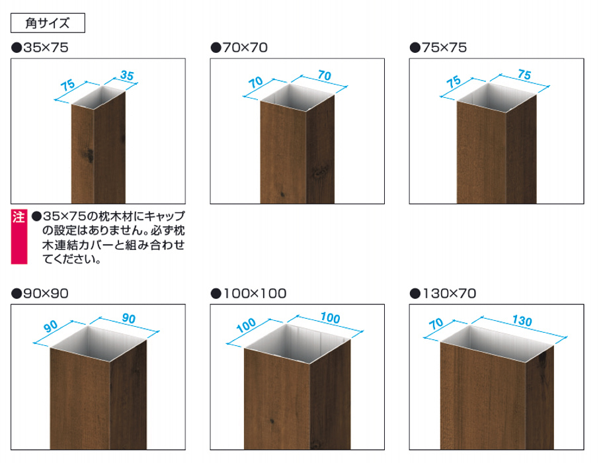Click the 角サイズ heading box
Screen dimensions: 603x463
tap(48, 23)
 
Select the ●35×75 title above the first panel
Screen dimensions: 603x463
tap(40, 48)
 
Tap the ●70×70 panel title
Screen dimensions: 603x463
tap(239, 48)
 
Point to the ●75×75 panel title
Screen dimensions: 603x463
tap(438, 48)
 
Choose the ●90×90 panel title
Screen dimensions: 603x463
tap(40, 294)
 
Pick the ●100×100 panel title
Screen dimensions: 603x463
tap(249, 294)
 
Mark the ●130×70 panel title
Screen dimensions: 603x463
tap(443, 294)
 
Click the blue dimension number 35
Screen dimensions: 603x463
tap(127, 75)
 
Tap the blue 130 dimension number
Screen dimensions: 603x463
tap(522, 320)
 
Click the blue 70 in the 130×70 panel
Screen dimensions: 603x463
tap(436, 323)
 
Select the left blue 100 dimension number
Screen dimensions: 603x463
tap(246, 325)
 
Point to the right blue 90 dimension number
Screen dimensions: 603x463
tap(129, 318)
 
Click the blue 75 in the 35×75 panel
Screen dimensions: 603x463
tap(67, 85)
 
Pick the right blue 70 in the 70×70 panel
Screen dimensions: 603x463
tap(324, 75)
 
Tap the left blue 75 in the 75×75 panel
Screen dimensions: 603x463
tap(454, 81)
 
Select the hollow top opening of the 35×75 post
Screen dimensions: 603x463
tap(99, 98)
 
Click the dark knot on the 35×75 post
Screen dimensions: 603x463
tap(90, 155)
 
